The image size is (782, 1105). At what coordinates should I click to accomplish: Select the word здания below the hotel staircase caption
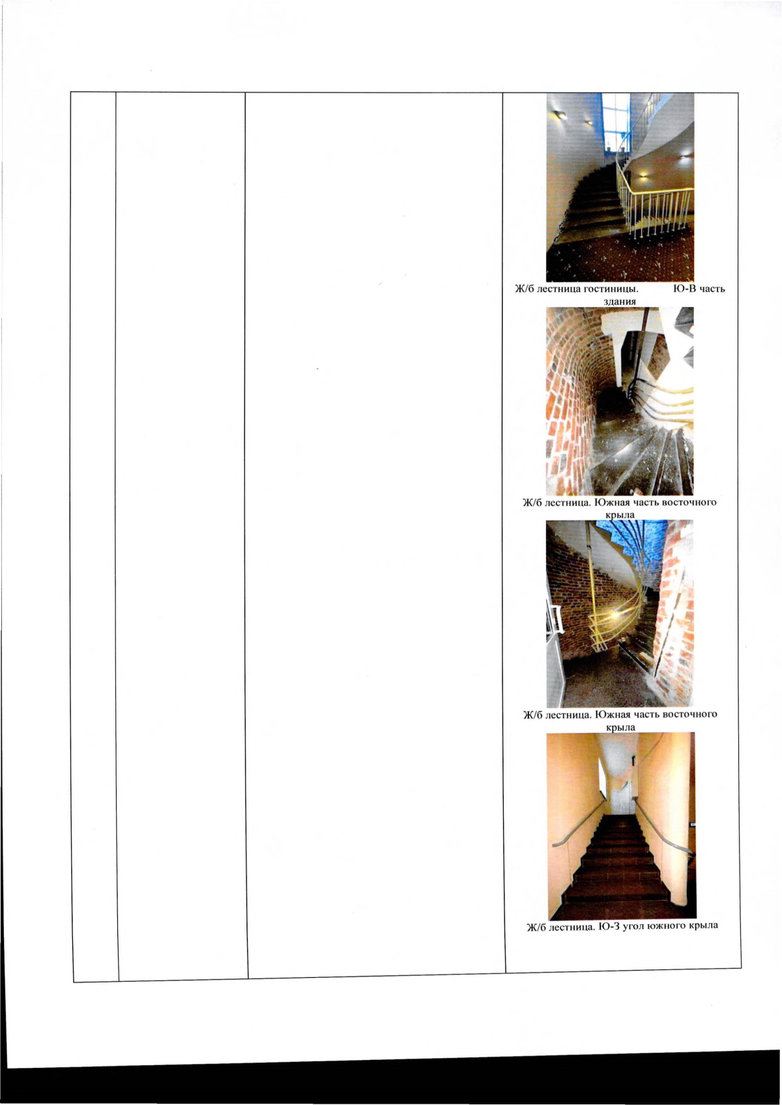[x=620, y=301]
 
